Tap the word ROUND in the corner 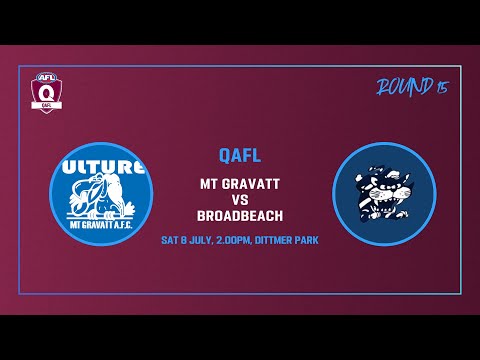click(x=401, y=88)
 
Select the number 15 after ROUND click(x=441, y=88)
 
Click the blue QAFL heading click(x=240, y=155)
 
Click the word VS click(x=240, y=200)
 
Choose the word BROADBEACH click(x=240, y=217)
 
